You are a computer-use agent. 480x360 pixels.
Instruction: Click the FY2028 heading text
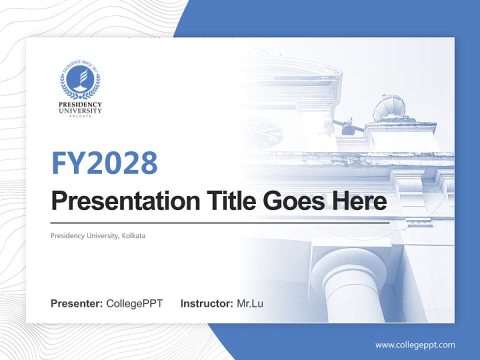coord(104,162)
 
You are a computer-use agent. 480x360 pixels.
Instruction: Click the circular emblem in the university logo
coord(80,79)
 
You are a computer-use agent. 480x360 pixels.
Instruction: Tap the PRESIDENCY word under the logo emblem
coord(80,104)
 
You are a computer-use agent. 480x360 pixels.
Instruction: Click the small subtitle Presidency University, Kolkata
coord(98,235)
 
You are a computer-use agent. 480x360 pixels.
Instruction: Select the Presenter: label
coord(77,303)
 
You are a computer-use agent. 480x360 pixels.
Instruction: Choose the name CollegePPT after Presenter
coord(134,303)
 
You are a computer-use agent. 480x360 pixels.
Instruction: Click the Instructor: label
coord(206,303)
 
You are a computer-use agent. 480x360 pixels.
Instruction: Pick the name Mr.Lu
coord(250,303)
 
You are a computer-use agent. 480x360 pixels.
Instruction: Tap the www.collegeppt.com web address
coord(415,344)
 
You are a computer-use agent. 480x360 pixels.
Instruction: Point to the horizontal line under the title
coord(220,222)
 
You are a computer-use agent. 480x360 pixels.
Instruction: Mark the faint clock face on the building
coord(262,133)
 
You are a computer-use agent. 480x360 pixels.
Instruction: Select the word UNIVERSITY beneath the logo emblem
coord(80,110)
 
